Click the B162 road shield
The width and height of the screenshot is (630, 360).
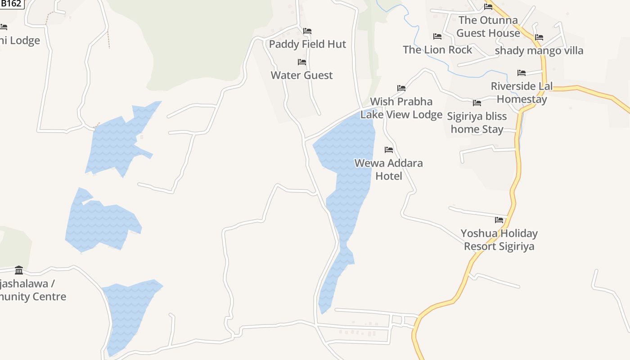click(11, 4)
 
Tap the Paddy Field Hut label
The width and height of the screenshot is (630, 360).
click(307, 44)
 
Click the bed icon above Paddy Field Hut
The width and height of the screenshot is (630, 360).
click(307, 31)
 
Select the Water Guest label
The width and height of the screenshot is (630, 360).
click(301, 75)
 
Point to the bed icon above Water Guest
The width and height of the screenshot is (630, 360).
click(302, 62)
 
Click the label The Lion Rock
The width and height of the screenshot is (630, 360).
click(437, 49)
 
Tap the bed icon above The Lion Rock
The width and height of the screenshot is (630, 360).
click(437, 36)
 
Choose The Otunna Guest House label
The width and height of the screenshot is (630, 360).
click(488, 27)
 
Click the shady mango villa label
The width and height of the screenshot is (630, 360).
click(539, 50)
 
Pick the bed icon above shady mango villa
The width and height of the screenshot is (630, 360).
click(539, 37)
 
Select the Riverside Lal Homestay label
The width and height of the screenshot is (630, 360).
click(522, 92)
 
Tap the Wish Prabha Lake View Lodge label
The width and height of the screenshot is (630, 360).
click(401, 108)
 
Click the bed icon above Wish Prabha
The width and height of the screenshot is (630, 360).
click(401, 88)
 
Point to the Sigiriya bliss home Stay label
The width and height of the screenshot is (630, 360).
click(477, 122)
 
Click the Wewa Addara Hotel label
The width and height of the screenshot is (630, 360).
click(389, 169)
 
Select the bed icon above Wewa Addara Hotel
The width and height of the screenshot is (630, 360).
click(389, 149)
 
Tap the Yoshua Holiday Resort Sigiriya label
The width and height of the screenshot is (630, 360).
click(499, 239)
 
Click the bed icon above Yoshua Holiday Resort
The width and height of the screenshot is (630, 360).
click(499, 220)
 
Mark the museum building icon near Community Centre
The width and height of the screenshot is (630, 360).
click(19, 270)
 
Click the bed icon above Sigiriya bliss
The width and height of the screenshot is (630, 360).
click(477, 103)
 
